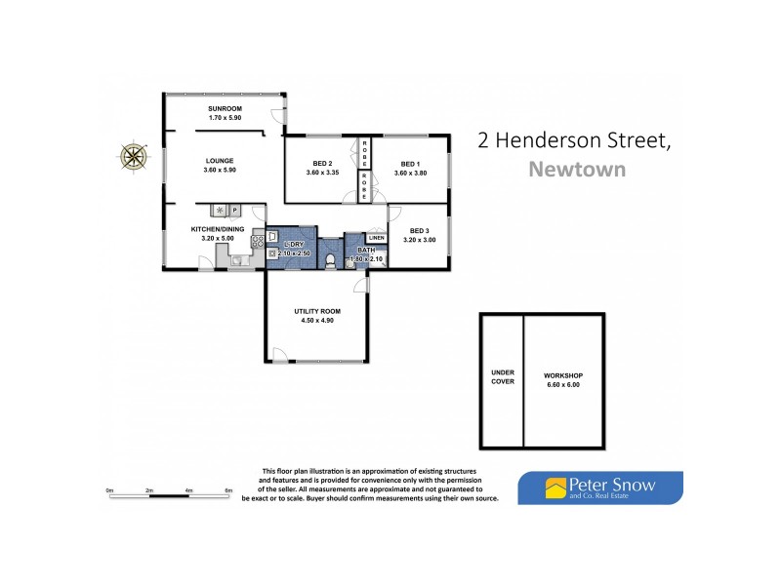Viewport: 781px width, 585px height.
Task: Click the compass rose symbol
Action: [134, 155]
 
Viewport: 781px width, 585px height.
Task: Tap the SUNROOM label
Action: [225, 108]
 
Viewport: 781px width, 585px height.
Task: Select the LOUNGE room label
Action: [221, 161]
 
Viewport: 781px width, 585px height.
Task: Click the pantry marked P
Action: [235, 210]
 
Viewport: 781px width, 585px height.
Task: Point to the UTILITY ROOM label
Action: [315, 312]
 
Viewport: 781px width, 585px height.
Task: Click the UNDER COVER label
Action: [503, 376]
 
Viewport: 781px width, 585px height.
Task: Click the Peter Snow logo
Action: [599, 487]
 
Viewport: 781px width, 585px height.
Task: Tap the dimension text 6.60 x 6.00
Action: [562, 385]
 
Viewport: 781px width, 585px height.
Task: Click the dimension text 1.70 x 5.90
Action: [225, 118]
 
